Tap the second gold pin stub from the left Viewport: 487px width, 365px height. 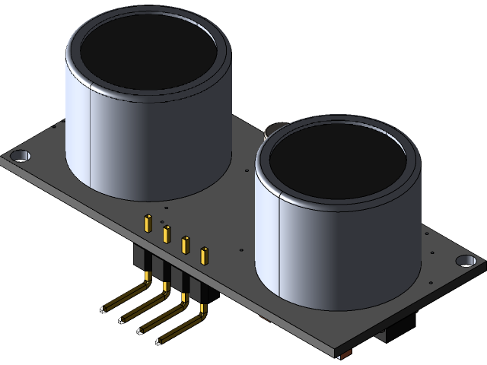(167, 234)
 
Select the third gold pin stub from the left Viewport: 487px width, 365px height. (185, 245)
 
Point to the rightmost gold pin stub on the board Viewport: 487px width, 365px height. (203, 255)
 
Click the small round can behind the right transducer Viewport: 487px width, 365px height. (272, 130)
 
